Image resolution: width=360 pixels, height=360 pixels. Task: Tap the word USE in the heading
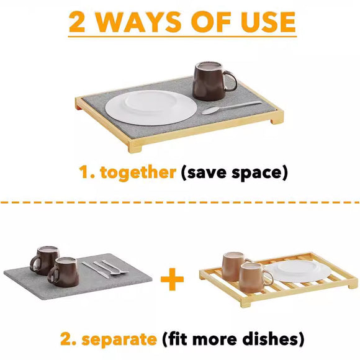click(x=266, y=22)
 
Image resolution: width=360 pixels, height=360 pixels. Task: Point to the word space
click(x=261, y=173)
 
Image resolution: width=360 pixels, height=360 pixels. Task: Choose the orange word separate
click(x=119, y=340)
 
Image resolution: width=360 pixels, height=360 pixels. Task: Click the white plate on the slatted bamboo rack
click(x=296, y=271)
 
